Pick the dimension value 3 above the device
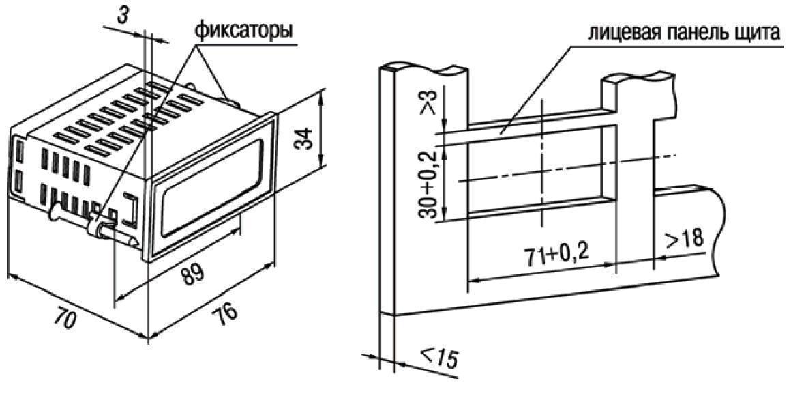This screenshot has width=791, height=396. click(121, 14)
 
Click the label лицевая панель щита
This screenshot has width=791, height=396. click(683, 33)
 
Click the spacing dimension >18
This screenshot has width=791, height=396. click(683, 240)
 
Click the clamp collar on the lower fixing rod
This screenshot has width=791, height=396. click(95, 224)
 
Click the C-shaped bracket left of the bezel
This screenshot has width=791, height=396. click(133, 209)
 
